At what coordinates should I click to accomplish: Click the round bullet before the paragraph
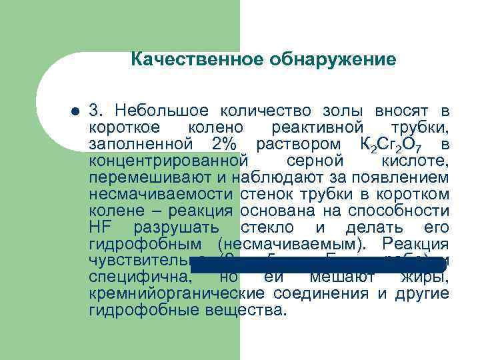click(x=75, y=111)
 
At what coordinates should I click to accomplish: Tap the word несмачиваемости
click(x=160, y=195)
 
